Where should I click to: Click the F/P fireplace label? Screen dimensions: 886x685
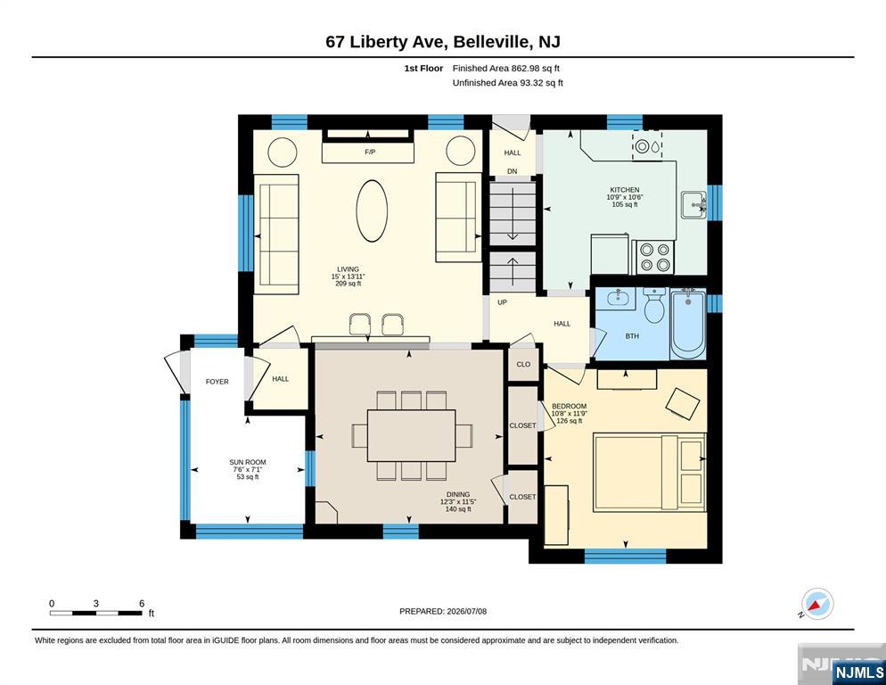click(x=370, y=153)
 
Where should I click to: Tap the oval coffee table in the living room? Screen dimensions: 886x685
click(x=372, y=211)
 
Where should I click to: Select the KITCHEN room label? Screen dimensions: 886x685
click(x=624, y=190)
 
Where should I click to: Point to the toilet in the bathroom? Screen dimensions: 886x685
click(x=654, y=305)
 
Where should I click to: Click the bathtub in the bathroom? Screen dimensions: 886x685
click(x=687, y=324)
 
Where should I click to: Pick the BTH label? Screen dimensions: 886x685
click(x=632, y=336)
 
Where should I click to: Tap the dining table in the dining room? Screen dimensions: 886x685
click(x=412, y=435)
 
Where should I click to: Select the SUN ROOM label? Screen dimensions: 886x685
click(x=248, y=462)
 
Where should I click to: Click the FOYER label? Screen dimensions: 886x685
click(x=217, y=382)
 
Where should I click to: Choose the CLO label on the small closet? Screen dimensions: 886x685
click(x=523, y=364)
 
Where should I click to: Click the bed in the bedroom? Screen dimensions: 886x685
click(x=650, y=473)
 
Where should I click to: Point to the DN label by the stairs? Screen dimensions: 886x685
click(x=512, y=171)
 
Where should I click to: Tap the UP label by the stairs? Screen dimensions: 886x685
click(x=502, y=302)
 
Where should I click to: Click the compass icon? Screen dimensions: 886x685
click(x=817, y=604)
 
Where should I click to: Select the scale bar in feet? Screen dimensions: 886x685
click(x=96, y=613)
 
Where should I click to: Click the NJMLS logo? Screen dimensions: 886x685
click(x=858, y=672)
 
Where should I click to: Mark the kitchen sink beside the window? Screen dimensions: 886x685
click(x=693, y=205)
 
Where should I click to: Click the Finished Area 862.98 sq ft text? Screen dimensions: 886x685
click(x=505, y=69)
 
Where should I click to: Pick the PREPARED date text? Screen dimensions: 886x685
click(x=443, y=612)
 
